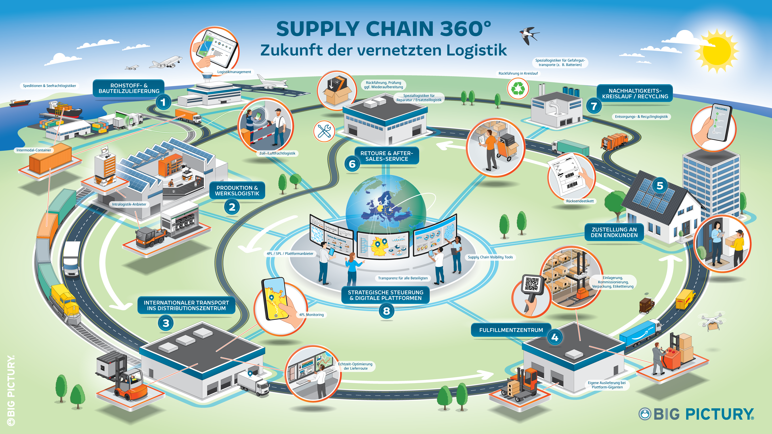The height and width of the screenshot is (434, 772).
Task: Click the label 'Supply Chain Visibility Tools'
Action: tap(490, 257)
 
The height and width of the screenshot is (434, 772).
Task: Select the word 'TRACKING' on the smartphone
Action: tap(721, 109)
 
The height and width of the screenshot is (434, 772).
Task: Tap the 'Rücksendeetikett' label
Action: tap(580, 201)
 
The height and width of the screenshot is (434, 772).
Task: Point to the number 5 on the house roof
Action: tap(660, 186)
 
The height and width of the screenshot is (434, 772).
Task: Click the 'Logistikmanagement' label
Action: tap(234, 72)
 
